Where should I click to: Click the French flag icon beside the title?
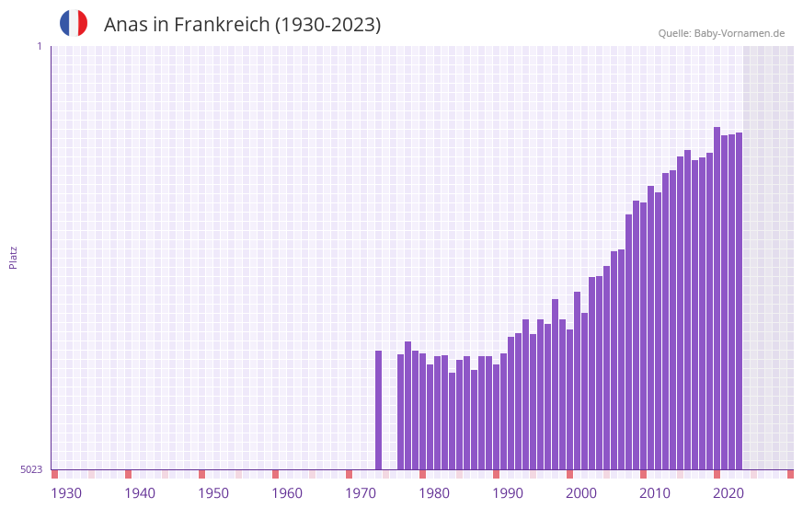[74, 23]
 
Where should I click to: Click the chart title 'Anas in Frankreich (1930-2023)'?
[242, 25]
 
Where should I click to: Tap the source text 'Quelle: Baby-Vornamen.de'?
[721, 33]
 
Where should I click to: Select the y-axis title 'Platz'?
[13, 257]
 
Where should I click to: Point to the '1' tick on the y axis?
[39, 46]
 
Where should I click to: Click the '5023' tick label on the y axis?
[31, 469]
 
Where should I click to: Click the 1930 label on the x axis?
[66, 493]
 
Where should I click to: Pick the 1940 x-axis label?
[140, 493]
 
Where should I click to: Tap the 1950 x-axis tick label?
[213, 493]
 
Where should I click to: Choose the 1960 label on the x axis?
[287, 493]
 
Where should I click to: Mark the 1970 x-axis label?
[361, 493]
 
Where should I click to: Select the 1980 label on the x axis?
[434, 493]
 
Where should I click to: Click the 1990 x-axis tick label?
[508, 493]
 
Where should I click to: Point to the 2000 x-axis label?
[581, 493]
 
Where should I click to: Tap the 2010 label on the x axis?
[655, 493]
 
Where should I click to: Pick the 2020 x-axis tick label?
[728, 493]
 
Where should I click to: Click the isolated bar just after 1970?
[378, 410]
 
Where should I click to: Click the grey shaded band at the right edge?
[768, 257]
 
